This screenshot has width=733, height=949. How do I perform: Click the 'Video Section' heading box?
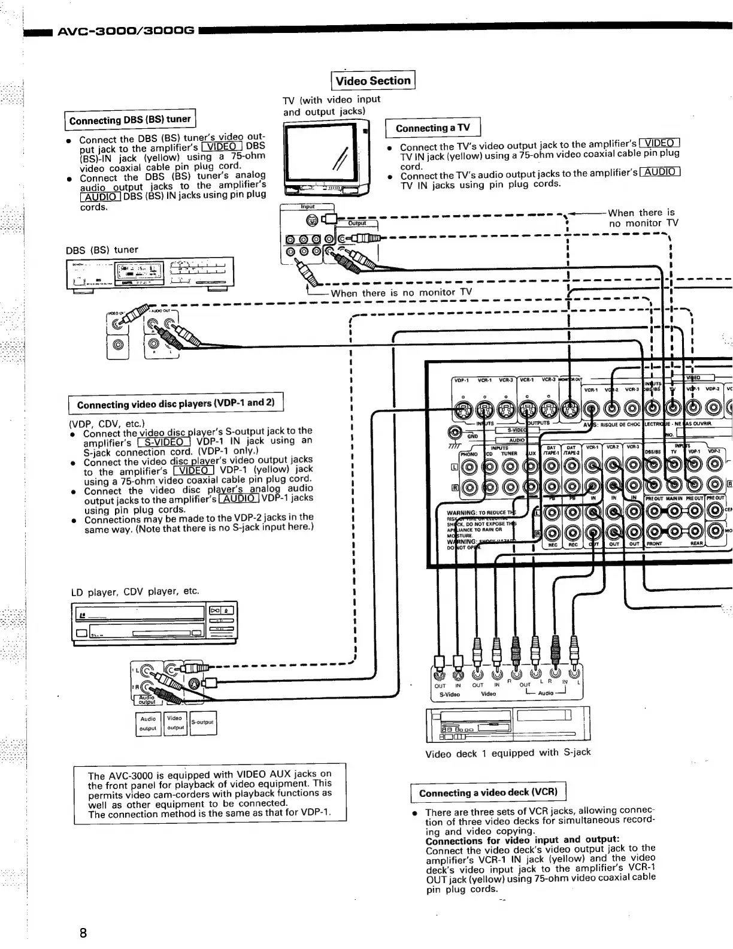click(373, 80)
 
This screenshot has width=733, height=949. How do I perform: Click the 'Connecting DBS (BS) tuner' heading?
click(130, 120)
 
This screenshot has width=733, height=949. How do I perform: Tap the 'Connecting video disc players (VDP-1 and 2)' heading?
click(175, 404)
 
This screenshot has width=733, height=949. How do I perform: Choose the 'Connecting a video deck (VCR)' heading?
click(488, 793)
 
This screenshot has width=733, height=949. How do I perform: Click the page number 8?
click(83, 933)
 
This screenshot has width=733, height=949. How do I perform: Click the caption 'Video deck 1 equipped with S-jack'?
click(508, 753)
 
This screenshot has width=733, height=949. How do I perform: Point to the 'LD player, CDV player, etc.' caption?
click(135, 592)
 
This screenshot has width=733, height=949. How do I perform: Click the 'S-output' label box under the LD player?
click(203, 723)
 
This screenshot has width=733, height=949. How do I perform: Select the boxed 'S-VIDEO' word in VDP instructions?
click(164, 442)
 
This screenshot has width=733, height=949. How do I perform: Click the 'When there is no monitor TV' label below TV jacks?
click(401, 292)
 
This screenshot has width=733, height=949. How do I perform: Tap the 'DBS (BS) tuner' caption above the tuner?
click(102, 250)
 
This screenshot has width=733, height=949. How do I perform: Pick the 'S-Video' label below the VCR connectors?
click(450, 694)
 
